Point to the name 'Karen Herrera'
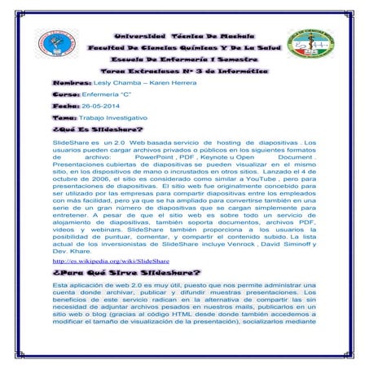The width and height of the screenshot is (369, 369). tap(154, 83)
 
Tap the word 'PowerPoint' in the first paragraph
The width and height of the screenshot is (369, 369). tap(166, 157)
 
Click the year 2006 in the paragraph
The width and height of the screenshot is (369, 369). tap(99, 178)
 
